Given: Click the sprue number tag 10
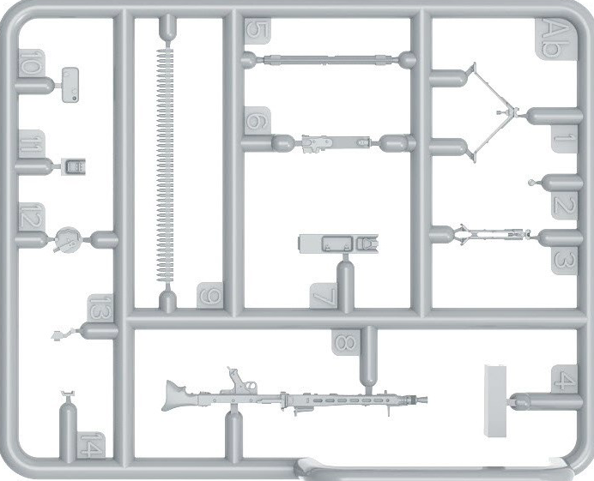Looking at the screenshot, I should point(31,63).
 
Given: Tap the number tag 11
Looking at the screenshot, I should point(30,145).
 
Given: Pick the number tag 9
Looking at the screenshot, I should point(209,297).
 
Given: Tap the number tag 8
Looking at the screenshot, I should point(345,343).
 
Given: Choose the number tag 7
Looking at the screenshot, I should point(324,297).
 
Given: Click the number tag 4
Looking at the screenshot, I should point(562,379).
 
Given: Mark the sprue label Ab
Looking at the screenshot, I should point(552,39).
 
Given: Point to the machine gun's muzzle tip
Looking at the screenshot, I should point(423,399).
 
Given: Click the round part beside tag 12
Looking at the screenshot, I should point(68,239).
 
